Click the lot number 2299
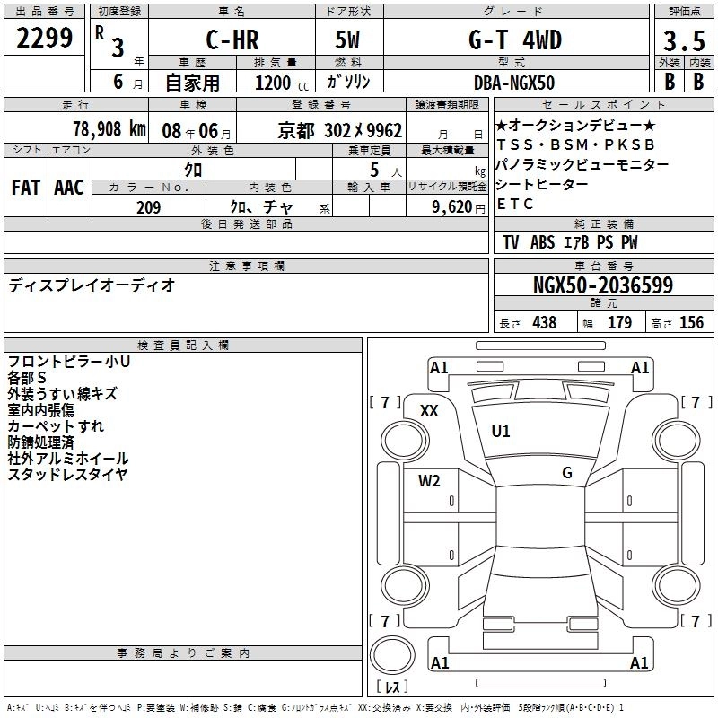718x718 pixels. (x=44, y=38)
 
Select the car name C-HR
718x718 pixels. (x=232, y=39)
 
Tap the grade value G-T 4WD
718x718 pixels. (x=515, y=39)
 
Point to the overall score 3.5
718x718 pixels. (x=684, y=40)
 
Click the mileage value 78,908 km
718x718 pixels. (x=109, y=129)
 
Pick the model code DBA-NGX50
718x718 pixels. (x=514, y=83)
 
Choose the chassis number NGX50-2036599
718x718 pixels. (x=603, y=285)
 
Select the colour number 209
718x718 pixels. (x=149, y=207)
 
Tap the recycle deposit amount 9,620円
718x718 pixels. (x=459, y=207)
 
